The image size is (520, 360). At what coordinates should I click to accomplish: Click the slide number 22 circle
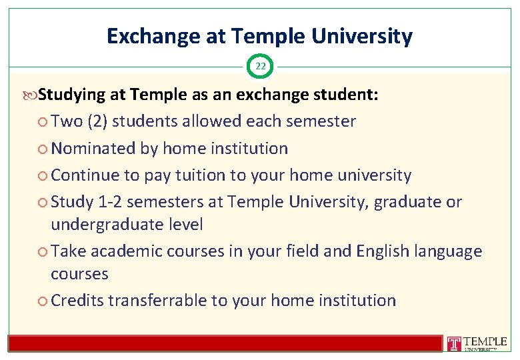260,67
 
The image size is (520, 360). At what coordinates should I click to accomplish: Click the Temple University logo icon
454,343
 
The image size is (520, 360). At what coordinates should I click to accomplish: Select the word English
383,251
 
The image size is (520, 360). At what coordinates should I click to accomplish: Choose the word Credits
77,301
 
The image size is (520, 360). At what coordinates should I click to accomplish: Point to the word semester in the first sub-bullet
322,121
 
